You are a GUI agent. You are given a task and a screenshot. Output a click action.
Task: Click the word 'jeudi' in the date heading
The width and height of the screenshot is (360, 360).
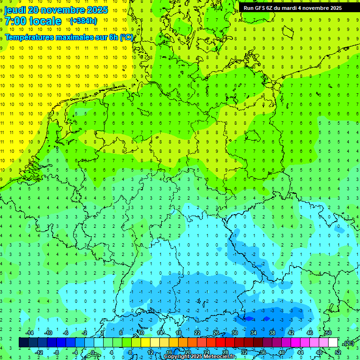[x=15, y=10]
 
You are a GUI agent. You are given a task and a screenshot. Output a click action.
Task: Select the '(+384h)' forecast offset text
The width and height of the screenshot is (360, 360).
[x=83, y=21]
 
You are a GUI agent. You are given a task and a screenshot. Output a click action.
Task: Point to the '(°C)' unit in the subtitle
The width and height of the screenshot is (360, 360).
[x=127, y=37]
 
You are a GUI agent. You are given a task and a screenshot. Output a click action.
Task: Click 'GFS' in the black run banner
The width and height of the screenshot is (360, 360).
[x=260, y=8]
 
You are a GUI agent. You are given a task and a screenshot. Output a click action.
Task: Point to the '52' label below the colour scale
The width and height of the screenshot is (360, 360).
[x=338, y=352]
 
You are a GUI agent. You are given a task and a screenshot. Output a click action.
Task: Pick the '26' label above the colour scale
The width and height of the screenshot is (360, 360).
[x=216, y=333]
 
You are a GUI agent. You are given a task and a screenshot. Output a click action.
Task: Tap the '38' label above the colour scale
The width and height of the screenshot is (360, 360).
[x=272, y=333]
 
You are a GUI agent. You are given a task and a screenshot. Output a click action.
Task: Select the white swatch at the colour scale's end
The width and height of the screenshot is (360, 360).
[x=333, y=342]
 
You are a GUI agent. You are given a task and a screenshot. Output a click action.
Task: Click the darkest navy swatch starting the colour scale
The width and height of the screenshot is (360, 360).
[x=23, y=342]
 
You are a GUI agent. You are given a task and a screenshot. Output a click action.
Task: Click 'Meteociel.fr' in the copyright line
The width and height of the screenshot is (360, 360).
[x=219, y=357]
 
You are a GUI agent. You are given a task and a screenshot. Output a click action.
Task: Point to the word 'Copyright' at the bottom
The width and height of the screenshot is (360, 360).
[x=177, y=357]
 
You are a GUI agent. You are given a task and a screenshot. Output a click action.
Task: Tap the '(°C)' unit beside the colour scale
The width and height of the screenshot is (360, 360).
[x=348, y=343]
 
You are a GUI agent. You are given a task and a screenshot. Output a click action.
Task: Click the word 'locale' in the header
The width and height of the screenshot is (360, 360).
[x=45, y=21]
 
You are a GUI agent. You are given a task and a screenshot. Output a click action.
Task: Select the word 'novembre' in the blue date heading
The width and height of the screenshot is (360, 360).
[x=61, y=10]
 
